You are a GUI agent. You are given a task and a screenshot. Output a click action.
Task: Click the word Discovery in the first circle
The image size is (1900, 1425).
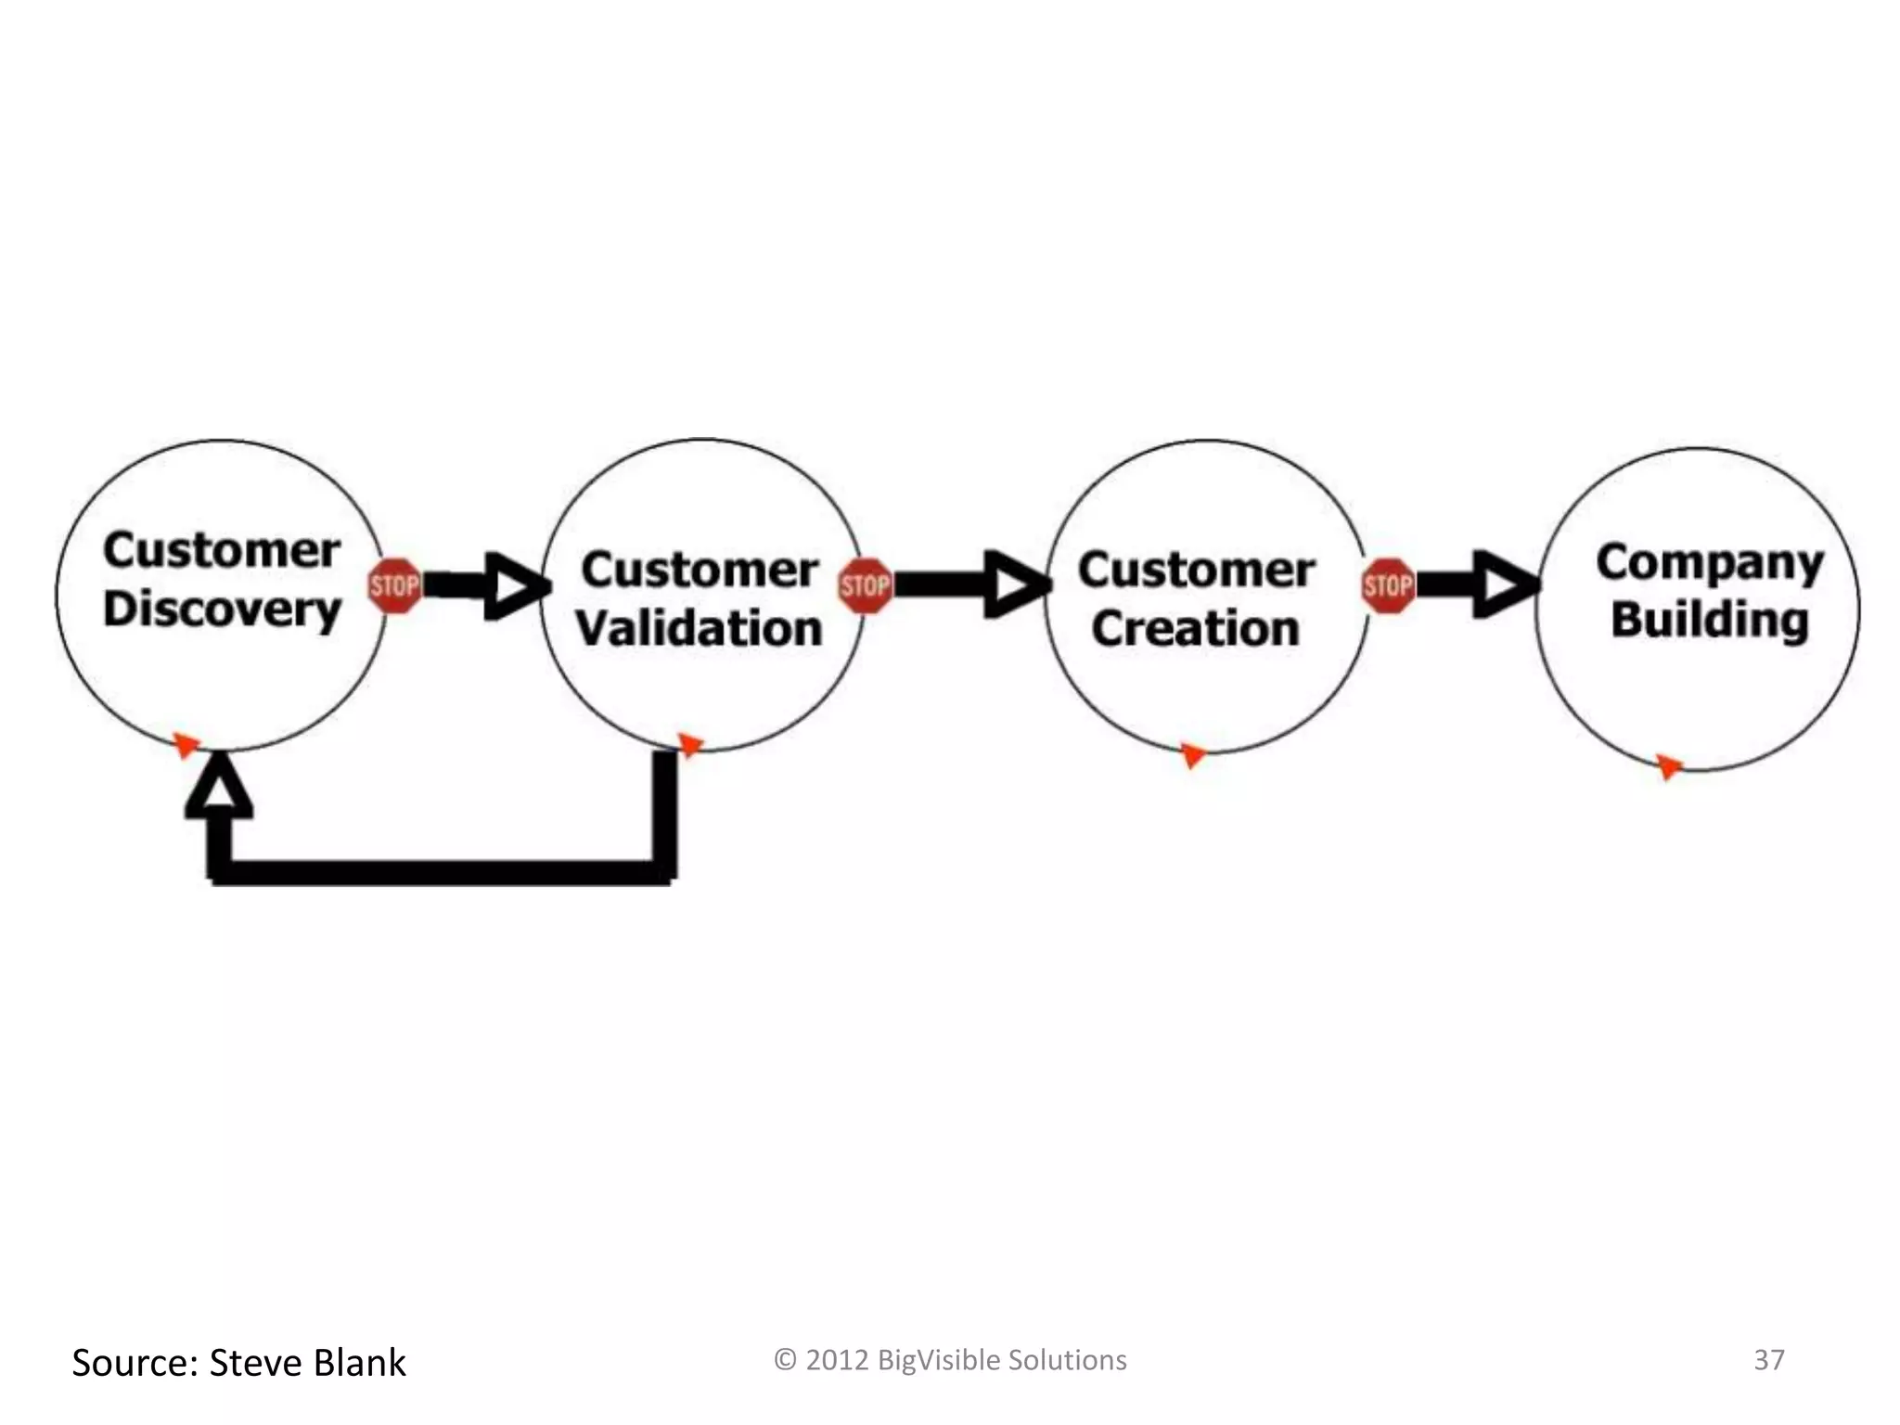click(x=222, y=609)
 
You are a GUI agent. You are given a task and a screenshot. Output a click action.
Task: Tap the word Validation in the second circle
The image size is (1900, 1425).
click(x=699, y=628)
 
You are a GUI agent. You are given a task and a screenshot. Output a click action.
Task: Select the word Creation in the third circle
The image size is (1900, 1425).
click(x=1195, y=628)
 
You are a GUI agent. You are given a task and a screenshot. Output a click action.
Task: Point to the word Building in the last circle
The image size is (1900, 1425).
click(x=1709, y=620)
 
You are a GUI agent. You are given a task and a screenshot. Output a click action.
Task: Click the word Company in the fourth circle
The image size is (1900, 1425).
click(x=1709, y=562)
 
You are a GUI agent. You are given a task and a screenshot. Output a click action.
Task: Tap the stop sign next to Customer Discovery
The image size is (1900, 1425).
click(x=394, y=585)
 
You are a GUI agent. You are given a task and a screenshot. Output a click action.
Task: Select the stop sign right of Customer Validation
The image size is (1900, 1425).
click(x=865, y=585)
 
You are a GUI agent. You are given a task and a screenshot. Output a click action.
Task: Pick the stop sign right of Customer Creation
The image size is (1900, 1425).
click(x=1389, y=585)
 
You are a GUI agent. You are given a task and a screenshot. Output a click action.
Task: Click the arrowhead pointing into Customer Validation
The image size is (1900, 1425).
click(x=516, y=585)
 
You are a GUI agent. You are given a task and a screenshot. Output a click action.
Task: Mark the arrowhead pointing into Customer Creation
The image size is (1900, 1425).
click(x=1015, y=584)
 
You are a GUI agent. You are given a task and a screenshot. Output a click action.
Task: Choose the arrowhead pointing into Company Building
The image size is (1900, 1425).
click(x=1505, y=584)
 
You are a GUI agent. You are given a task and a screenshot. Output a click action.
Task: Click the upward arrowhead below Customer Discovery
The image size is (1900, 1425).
click(x=219, y=789)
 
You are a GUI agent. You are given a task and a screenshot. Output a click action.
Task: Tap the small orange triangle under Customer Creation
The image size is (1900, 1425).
click(x=1192, y=755)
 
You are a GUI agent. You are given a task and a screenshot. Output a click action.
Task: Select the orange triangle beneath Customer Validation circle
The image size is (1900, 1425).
click(x=689, y=744)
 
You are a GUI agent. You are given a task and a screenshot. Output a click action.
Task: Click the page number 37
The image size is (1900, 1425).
click(x=1768, y=1360)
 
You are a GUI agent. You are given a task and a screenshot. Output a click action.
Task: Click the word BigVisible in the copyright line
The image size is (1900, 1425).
click(x=938, y=1360)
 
